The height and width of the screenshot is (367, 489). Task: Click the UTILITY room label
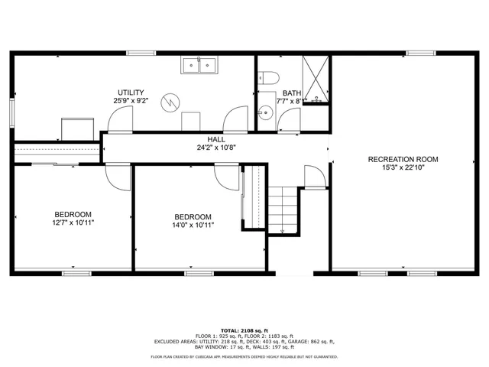(x=131, y=92)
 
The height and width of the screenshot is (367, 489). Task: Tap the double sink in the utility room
(x=199, y=65)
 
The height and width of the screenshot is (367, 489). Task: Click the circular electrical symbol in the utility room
(x=171, y=101)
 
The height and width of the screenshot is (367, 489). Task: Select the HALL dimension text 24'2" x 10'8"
(x=216, y=148)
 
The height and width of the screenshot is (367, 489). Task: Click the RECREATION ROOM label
(x=403, y=160)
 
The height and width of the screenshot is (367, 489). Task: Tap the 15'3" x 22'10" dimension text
(x=403, y=169)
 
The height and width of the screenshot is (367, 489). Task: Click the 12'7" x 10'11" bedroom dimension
(x=73, y=223)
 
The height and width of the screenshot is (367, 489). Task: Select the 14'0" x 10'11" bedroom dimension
(x=193, y=225)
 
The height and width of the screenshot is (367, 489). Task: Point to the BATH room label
(x=292, y=93)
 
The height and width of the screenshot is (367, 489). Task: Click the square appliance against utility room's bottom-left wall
(x=78, y=128)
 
